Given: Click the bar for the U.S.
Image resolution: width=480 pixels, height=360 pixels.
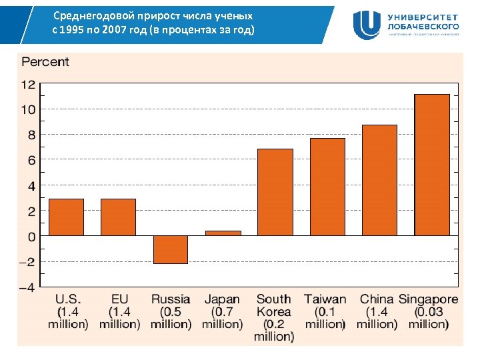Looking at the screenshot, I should pos(66,217).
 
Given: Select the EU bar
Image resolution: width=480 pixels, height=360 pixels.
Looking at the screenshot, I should pos(118,217).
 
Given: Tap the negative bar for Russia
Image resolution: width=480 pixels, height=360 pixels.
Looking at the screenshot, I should pos(170,249).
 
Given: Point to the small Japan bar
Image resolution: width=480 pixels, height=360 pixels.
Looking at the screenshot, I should pos(223,233).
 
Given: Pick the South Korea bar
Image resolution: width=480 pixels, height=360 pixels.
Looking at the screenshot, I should pos(275,192).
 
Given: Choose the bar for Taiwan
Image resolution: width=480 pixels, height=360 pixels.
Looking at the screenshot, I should pos(327,187).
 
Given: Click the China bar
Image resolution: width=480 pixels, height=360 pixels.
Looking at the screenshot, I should pos(379,180).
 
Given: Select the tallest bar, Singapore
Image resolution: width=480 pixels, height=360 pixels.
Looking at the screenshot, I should pos(432,165).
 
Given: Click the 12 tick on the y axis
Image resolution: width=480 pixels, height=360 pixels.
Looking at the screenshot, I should pos(28,85).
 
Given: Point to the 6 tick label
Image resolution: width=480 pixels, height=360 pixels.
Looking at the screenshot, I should pos(31,160).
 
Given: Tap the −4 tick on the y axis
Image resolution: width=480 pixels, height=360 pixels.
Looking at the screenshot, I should pos(27,287).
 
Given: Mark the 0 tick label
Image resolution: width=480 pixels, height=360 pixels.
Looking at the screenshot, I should pos(31,237).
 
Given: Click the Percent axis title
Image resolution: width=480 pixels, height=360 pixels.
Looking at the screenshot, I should pos(45,62).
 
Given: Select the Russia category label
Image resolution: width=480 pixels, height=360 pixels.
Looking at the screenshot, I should pos(171,299).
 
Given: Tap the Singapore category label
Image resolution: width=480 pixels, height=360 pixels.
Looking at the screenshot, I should pos(429,299).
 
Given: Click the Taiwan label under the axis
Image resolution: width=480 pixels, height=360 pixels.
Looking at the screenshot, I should pos(325,299).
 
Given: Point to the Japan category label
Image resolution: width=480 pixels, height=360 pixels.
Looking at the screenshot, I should pos(222,299).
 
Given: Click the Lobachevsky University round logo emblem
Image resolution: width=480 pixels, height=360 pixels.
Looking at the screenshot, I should pos(367,25).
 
